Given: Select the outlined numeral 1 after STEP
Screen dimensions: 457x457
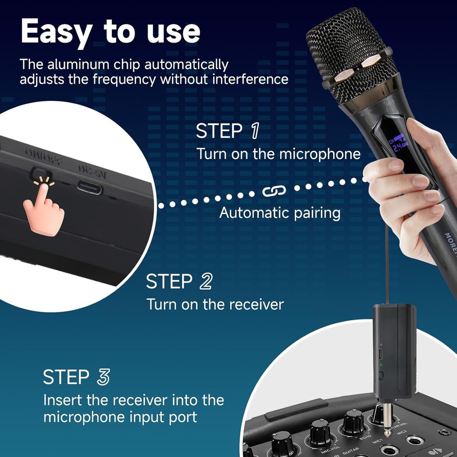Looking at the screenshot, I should point(253,131).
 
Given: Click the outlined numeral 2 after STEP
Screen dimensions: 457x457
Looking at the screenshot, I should point(206,282).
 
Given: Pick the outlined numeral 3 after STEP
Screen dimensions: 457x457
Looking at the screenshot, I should point(103,377).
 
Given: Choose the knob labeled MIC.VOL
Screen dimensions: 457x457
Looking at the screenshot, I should point(319,432).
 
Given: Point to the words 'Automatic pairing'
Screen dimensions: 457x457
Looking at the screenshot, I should point(280,213).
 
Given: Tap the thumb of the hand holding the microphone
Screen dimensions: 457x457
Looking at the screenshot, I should point(382,171).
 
